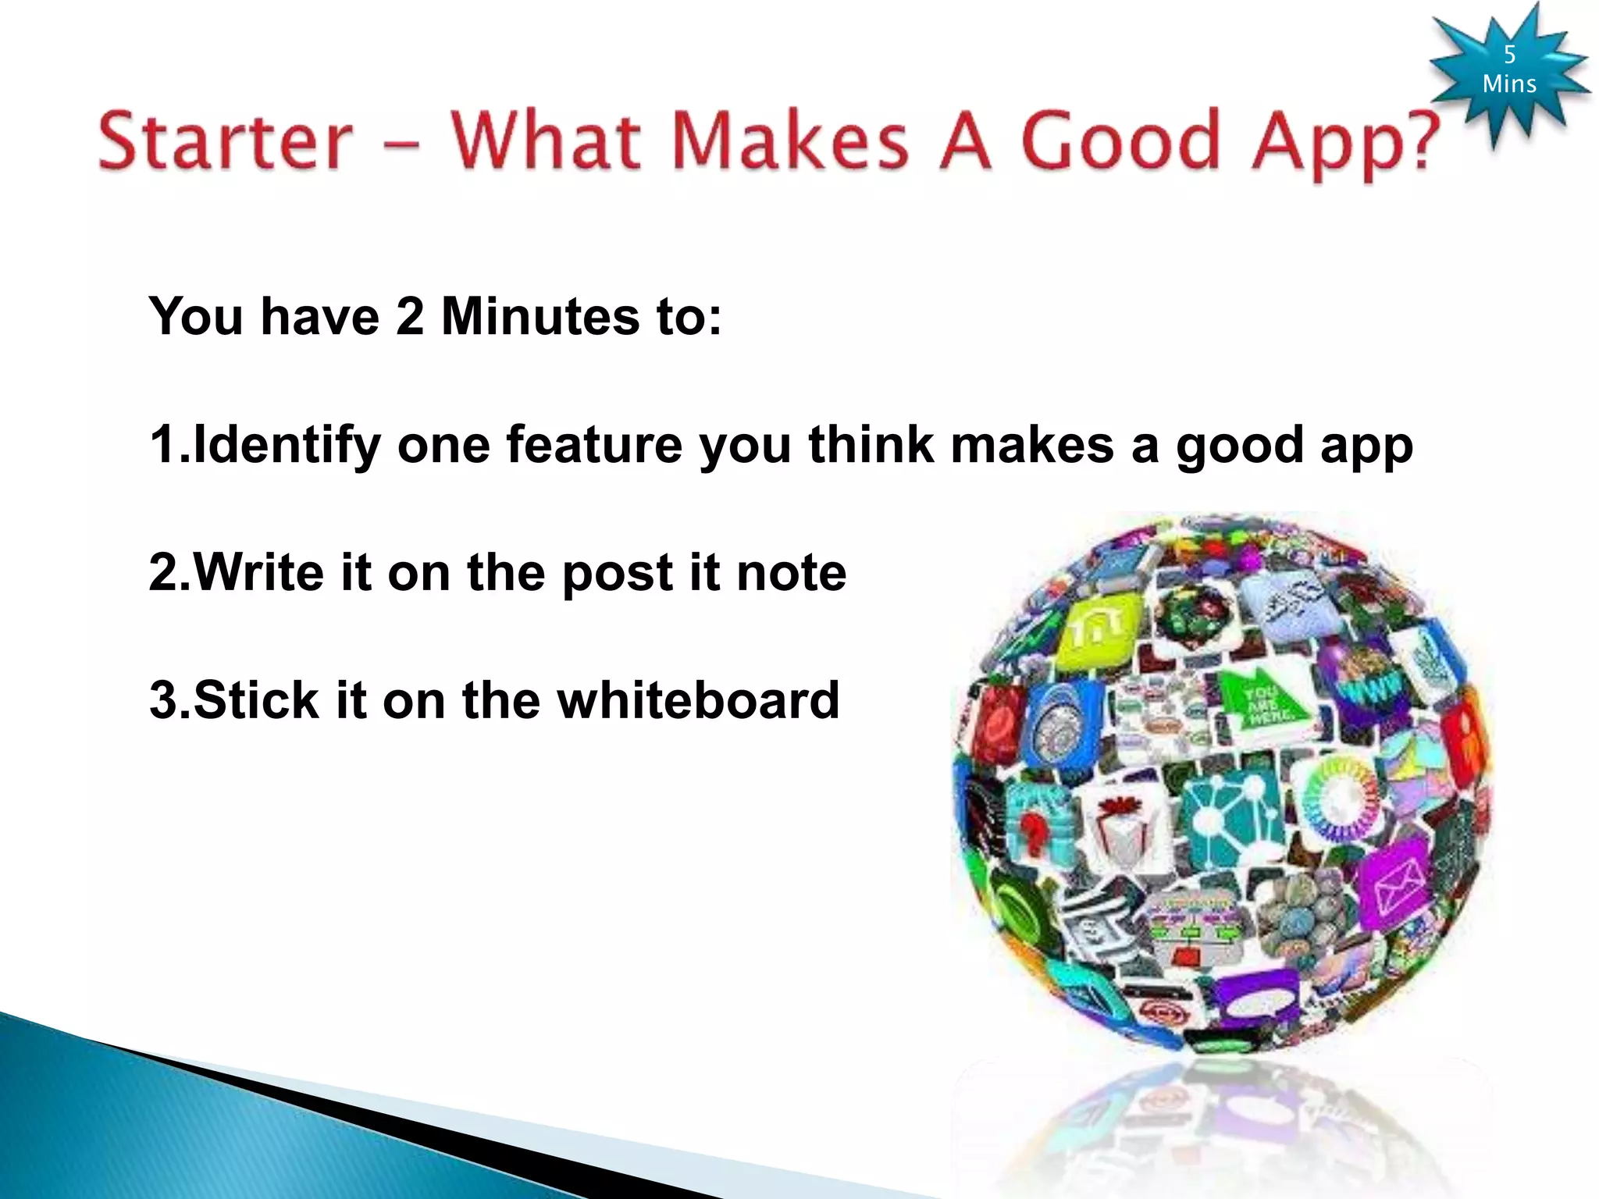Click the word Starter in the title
tap(225, 141)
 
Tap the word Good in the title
tap(1120, 141)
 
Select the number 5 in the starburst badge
tap(1509, 55)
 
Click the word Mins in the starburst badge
tap(1509, 84)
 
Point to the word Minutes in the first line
tap(540, 317)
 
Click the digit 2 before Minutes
tap(410, 317)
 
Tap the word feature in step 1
tap(594, 445)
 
